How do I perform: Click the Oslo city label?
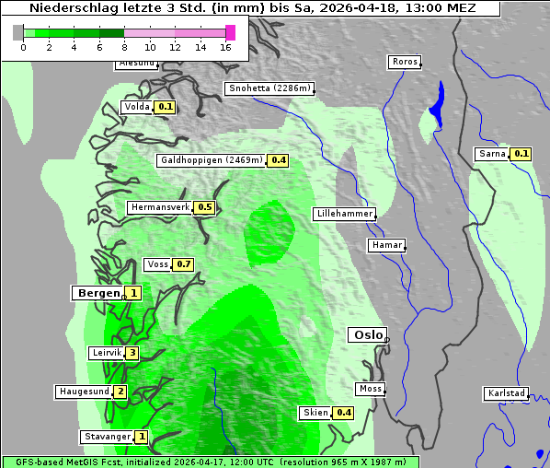[367, 335]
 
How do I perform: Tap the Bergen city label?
[97, 293]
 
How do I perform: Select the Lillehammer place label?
[344, 214]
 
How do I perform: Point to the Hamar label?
[385, 245]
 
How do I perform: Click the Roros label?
[404, 62]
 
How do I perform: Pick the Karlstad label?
[506, 393]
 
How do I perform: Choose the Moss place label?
[370, 389]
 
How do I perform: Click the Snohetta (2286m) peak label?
[270, 88]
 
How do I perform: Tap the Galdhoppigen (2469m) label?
[212, 160]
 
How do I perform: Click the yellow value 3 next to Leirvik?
[132, 353]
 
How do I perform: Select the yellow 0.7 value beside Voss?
[183, 264]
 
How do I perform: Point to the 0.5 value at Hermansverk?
[204, 207]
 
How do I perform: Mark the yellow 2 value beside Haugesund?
[120, 392]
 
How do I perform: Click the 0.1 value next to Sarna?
[521, 154]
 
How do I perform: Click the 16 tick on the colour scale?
[225, 46]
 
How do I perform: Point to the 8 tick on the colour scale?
[124, 46]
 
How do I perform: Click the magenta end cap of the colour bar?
[230, 32]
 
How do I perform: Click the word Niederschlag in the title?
[64, 7]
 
